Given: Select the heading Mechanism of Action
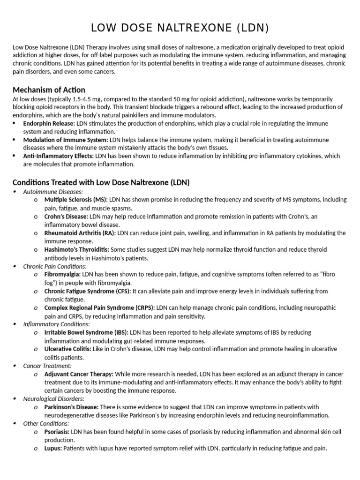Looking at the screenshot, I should click(49, 90).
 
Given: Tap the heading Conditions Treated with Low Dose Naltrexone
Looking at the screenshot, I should click(101, 182).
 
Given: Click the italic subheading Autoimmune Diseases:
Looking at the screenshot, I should click(53, 191).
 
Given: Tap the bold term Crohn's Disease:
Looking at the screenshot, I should click(66, 216).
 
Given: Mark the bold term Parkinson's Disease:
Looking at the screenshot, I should click(71, 407).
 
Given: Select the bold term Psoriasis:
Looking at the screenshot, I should click(57, 432).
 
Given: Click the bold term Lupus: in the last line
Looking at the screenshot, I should click(53, 448).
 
